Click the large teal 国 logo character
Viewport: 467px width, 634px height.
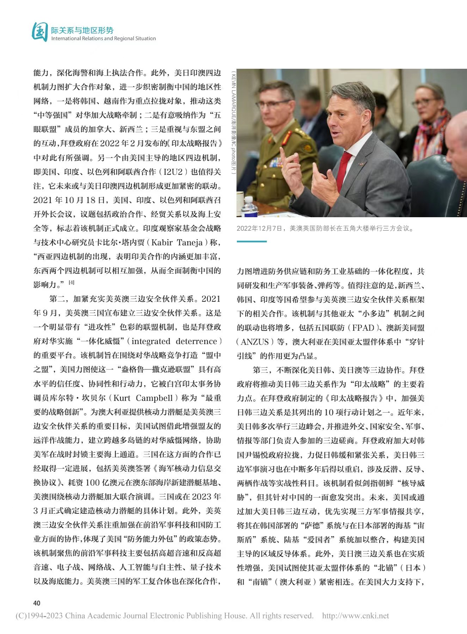click(x=39, y=32)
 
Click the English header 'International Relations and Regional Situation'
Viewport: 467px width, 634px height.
click(x=103, y=38)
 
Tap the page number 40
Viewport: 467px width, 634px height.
click(x=37, y=603)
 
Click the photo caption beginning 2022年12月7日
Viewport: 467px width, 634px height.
click(x=325, y=228)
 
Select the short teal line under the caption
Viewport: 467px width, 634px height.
click(x=252, y=242)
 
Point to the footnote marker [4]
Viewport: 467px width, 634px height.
click(x=72, y=282)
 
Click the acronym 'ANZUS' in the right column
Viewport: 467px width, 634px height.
click(x=254, y=342)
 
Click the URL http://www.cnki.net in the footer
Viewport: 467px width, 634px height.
click(x=355, y=616)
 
